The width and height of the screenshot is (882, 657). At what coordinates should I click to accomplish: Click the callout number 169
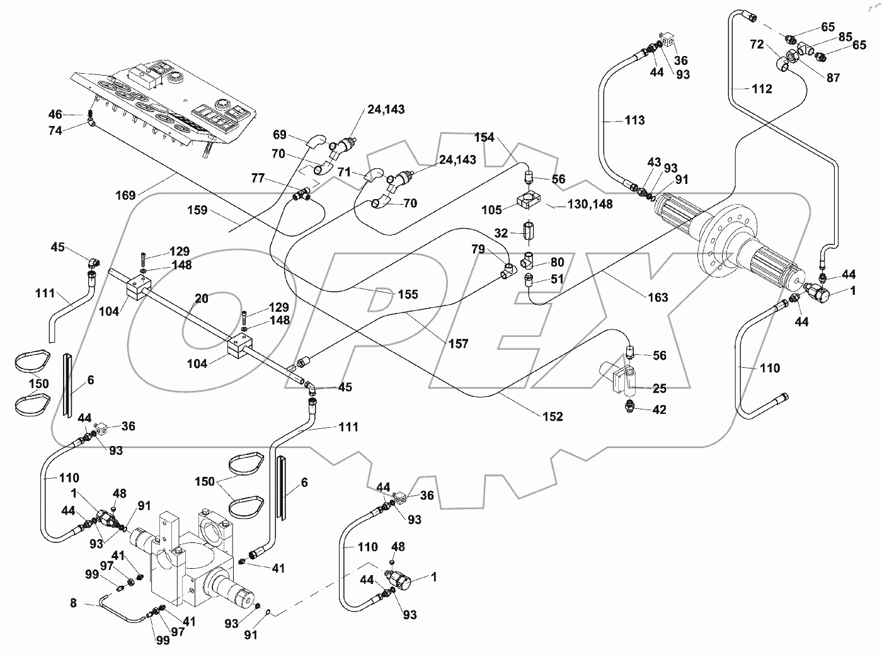point(125,195)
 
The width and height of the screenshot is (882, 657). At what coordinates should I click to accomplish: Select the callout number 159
point(198,210)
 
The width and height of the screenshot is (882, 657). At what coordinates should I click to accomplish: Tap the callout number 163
point(658,297)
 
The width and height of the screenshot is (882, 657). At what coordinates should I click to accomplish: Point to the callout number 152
point(553,416)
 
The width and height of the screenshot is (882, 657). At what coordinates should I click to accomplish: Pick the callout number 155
point(408,294)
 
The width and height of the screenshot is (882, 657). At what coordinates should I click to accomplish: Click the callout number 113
point(634,120)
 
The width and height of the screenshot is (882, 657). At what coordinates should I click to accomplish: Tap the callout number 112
point(762,89)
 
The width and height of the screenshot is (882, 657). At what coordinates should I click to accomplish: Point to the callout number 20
point(201,299)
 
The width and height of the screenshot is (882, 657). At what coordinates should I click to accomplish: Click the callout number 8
point(73,603)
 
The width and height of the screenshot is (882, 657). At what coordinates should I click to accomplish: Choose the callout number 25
point(659,388)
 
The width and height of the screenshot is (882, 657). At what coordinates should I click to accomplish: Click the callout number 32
point(501,233)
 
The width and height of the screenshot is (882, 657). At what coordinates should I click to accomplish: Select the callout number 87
point(833,77)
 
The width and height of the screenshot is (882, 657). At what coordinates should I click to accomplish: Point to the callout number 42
point(659,409)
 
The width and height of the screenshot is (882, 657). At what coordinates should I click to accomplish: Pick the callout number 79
point(478,249)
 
